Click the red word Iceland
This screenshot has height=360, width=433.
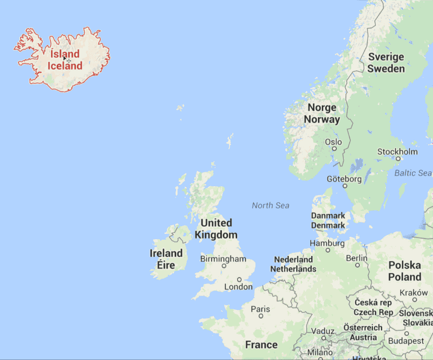point(65,66)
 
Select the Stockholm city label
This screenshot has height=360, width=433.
point(397,152)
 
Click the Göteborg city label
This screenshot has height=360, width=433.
point(344,179)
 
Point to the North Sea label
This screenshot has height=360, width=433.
point(270,206)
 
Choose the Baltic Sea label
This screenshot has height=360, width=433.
point(413,173)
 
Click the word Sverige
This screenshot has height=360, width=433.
point(386,57)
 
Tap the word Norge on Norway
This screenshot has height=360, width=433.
point(322,108)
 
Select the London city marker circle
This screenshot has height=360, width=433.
point(239,280)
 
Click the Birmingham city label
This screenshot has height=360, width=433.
point(223,259)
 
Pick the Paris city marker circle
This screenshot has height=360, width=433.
point(261,316)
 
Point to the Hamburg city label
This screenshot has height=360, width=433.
point(327,244)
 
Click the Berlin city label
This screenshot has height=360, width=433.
point(357,258)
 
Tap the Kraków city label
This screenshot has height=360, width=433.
point(413,293)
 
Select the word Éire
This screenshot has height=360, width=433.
point(166,265)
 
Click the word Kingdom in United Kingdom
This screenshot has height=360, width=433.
point(216,235)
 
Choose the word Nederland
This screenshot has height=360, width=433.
point(293,259)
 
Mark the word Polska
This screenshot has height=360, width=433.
point(405,265)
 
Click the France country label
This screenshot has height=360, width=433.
point(261,345)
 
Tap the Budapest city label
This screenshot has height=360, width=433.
point(407,341)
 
